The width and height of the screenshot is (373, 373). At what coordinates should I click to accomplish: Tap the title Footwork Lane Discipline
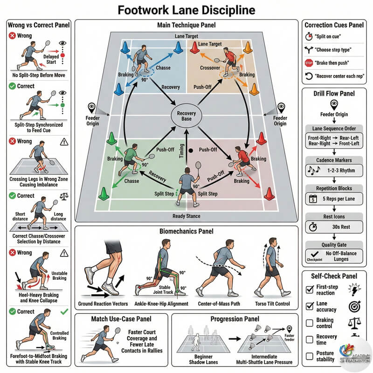point(186,10)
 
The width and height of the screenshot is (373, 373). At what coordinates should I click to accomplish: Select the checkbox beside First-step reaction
point(309,290)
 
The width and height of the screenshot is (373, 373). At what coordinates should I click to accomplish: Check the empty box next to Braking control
point(309,323)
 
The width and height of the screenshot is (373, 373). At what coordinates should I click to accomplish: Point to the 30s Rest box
point(333,227)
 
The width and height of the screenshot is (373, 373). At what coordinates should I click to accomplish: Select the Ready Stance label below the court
point(186,216)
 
